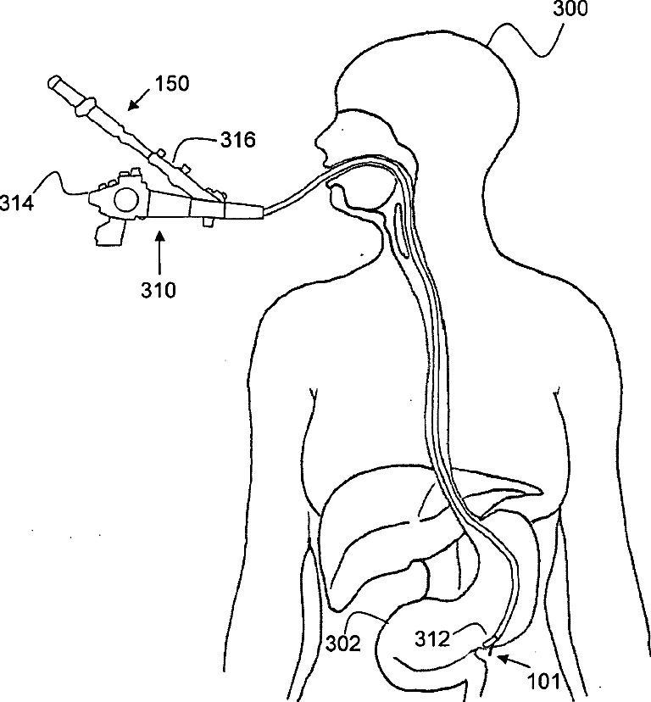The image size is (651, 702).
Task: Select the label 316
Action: (236, 141)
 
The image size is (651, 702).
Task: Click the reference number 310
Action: (159, 291)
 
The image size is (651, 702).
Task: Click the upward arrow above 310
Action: (159, 249)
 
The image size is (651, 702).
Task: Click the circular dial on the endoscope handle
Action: (125, 200)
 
